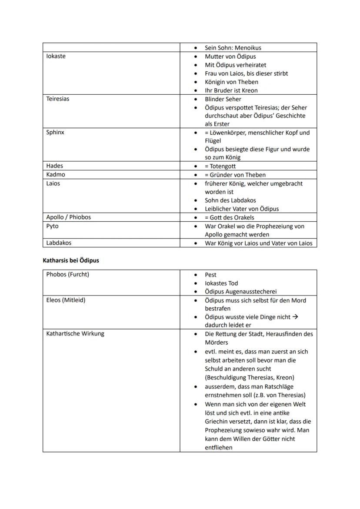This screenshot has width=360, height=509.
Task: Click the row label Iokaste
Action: click(56, 57)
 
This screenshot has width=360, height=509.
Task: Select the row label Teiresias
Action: click(58, 99)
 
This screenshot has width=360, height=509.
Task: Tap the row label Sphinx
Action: click(55, 133)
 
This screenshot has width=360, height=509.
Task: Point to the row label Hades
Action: click(55, 166)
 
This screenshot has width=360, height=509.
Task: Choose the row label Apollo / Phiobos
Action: click(69, 217)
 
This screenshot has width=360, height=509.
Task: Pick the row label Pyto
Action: click(53, 226)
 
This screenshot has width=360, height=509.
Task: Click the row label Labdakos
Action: click(59, 243)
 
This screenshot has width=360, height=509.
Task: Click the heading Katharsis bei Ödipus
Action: click(71, 261)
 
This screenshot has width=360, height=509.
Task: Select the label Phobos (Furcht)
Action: click(68, 275)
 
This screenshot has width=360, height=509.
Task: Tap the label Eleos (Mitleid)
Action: click(66, 300)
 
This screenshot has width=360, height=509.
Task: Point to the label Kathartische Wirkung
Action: click(75, 334)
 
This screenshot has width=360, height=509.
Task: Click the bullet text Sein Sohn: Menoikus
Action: click(233, 48)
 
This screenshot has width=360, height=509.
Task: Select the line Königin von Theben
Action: click(231, 82)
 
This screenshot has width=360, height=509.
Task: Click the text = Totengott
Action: click(220, 166)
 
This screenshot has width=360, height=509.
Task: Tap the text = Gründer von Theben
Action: click(235, 175)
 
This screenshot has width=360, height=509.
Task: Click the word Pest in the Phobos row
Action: click(210, 275)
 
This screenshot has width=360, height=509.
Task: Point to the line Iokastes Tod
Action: click(221, 283)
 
